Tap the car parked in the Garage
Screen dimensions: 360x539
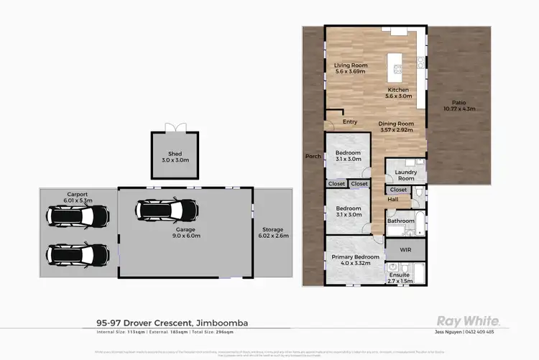pos(167,210)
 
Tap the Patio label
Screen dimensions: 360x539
pos(459,106)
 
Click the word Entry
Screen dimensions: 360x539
pos(350,121)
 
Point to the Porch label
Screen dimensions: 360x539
pos(313,156)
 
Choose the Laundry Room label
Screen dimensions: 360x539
pos(406,175)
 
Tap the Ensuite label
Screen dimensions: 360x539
pos(399,274)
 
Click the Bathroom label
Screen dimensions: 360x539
pos(401,221)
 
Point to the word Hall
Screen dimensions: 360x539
pos(393,200)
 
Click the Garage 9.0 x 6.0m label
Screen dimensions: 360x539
pos(185,232)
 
